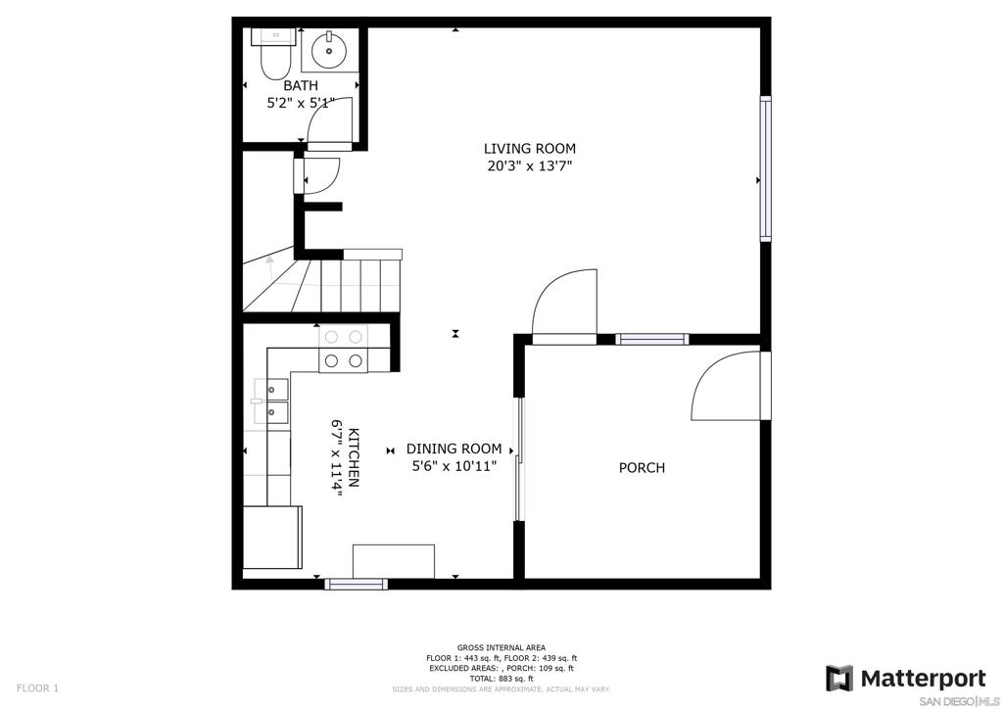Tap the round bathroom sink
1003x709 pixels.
click(x=329, y=51)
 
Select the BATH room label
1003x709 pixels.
click(x=301, y=85)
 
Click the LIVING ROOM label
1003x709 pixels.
click(x=530, y=149)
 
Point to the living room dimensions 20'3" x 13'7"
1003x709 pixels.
click(x=529, y=166)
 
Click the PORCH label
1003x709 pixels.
click(x=642, y=468)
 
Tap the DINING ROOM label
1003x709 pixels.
click(x=454, y=449)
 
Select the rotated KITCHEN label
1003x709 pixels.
click(x=353, y=457)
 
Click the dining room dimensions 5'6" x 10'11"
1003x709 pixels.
click(x=454, y=467)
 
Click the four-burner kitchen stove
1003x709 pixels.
click(x=344, y=349)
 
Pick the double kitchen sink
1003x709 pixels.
click(x=271, y=401)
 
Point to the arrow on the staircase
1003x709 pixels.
click(x=270, y=267)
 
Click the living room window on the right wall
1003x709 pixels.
click(x=766, y=168)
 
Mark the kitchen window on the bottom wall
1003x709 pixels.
click(x=356, y=584)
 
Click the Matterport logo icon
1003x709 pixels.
click(x=839, y=679)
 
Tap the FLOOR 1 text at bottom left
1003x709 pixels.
click(x=37, y=688)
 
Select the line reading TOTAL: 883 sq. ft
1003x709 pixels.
click(x=501, y=679)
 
